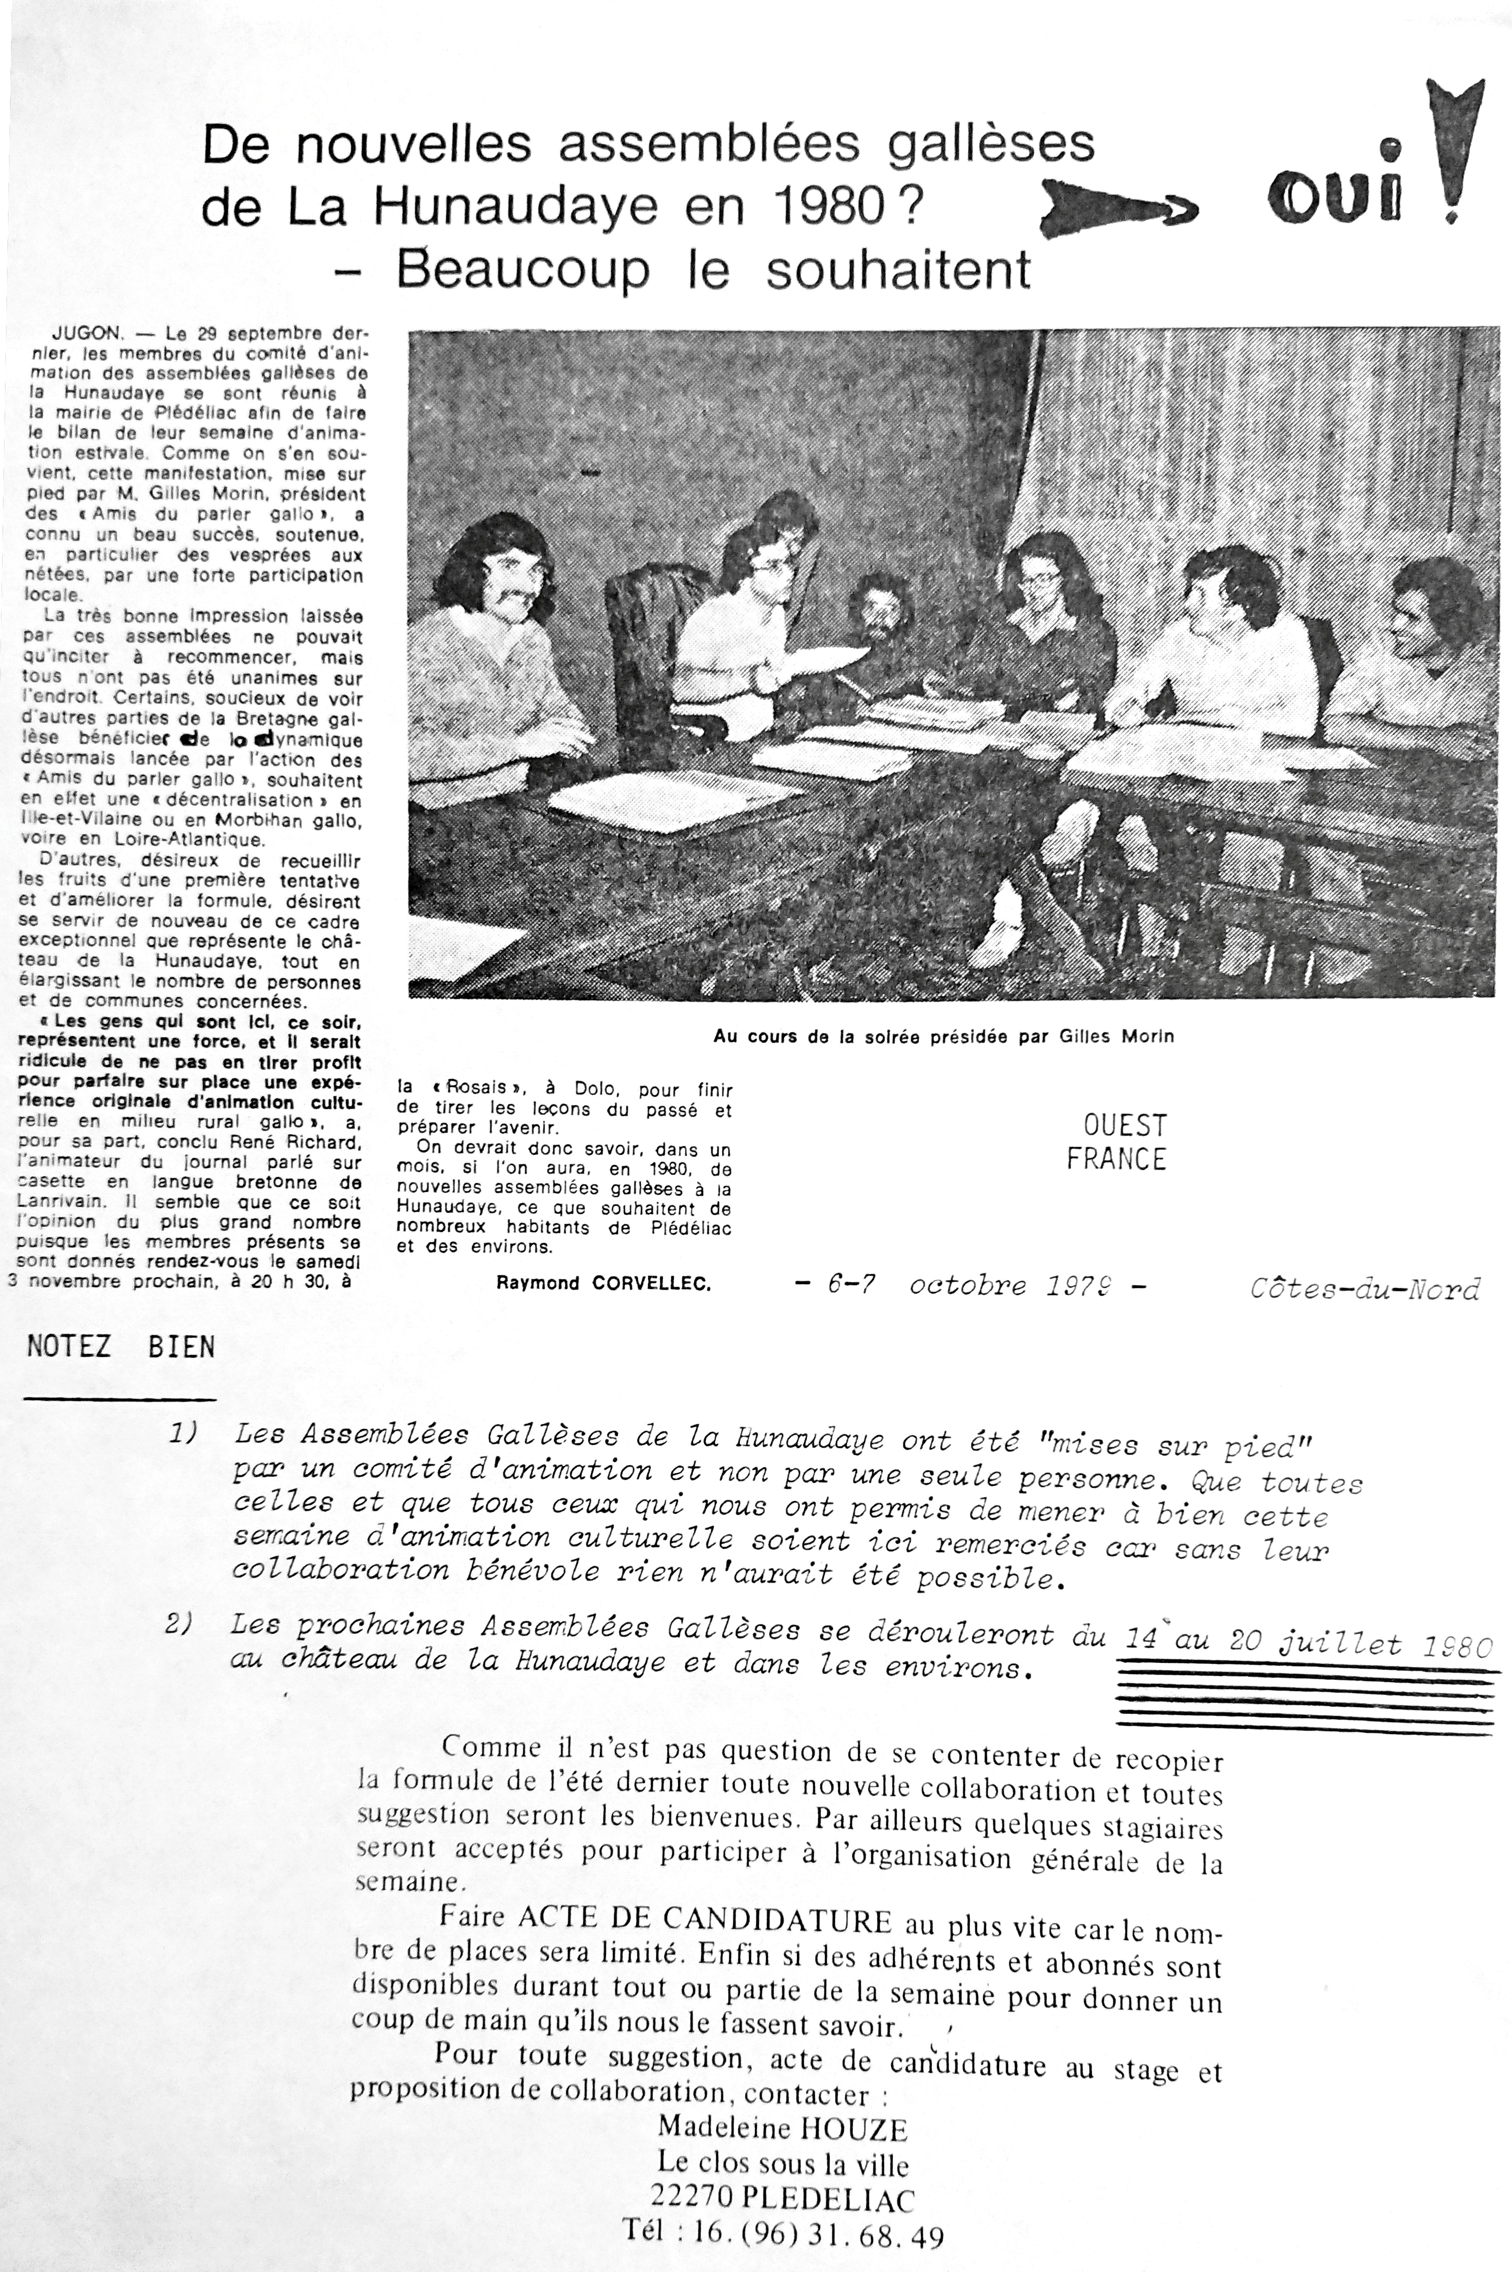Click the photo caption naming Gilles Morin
[x=943, y=1037]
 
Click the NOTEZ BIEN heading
[x=121, y=1347]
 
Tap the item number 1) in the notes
[x=183, y=1433]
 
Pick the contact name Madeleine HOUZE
[x=782, y=2128]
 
